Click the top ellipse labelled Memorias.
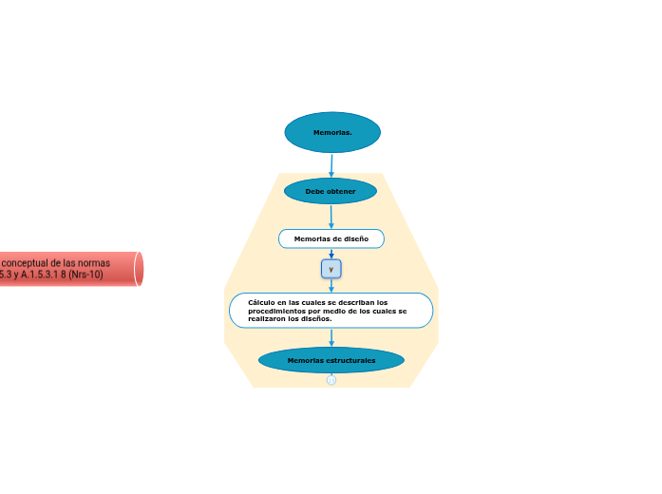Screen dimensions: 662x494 coord(332,132)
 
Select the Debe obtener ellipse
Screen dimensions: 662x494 coord(331,191)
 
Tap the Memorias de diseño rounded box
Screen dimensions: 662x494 coord(331,238)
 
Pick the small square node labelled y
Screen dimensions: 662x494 coord(331,269)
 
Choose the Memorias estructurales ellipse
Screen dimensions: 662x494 coord(331,360)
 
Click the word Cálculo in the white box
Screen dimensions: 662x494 coord(261,302)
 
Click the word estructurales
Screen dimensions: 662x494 coord(351,360)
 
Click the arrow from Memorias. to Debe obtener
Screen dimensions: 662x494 coord(331,165)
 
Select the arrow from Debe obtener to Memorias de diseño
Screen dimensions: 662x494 coord(331,217)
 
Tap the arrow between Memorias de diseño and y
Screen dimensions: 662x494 coord(331,254)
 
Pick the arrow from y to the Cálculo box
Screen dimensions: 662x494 coord(331,286)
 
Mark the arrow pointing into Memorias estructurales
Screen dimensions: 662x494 coord(331,338)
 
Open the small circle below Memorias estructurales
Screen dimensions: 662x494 coord(331,380)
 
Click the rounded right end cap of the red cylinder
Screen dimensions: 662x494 coord(139,269)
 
